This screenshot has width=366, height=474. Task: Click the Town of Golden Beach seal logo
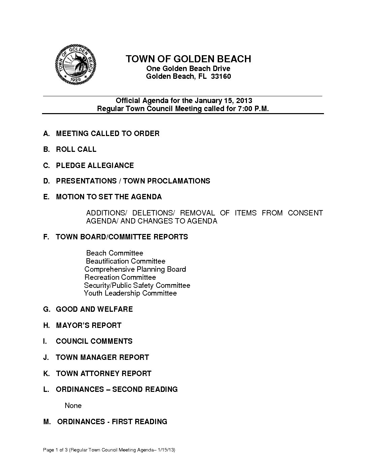(76, 65)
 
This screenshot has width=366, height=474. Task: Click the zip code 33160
(221, 76)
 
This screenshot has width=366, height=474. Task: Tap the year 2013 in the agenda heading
(244, 101)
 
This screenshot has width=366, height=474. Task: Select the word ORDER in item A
(146, 134)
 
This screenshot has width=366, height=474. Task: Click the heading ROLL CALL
(76, 149)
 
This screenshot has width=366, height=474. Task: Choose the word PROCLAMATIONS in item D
(179, 181)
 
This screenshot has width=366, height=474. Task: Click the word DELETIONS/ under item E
(154, 213)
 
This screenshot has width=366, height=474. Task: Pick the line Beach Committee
(115, 253)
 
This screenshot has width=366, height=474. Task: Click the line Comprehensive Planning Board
(135, 269)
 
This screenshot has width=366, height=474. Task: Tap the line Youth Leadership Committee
(130, 293)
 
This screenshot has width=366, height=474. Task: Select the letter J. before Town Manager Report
(46, 358)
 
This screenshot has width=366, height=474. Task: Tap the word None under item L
(73, 406)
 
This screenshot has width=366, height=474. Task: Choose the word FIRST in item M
(121, 422)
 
